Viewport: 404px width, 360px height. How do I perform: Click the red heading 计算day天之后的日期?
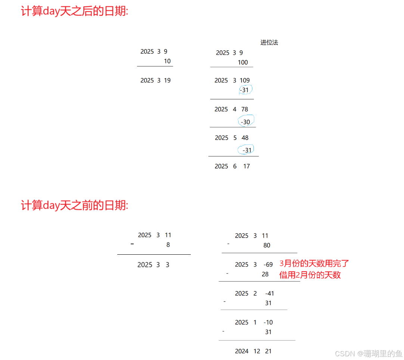click(75, 11)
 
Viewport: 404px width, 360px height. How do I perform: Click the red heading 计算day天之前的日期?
click(75, 205)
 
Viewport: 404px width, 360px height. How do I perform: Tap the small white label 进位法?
click(269, 42)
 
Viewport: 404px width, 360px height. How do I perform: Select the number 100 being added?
click(243, 62)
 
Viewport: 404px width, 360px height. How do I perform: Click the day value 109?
click(245, 80)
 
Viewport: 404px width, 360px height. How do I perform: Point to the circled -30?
click(246, 122)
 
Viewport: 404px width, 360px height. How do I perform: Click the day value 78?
click(245, 109)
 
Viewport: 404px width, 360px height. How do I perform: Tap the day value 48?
click(245, 138)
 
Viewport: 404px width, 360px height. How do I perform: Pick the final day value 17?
click(247, 166)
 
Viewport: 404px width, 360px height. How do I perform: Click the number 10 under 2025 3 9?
click(167, 61)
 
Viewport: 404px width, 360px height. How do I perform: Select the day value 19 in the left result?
click(167, 80)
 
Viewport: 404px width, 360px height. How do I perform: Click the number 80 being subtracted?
click(267, 245)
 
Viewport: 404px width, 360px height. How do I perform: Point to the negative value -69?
click(268, 264)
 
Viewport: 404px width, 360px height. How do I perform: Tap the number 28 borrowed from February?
click(265, 274)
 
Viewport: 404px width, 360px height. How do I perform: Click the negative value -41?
click(269, 294)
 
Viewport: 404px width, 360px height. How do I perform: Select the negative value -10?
click(268, 322)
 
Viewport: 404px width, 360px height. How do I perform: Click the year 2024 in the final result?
click(242, 351)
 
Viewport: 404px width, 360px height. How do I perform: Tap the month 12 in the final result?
click(257, 351)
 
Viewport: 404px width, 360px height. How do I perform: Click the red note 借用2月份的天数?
click(310, 275)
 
